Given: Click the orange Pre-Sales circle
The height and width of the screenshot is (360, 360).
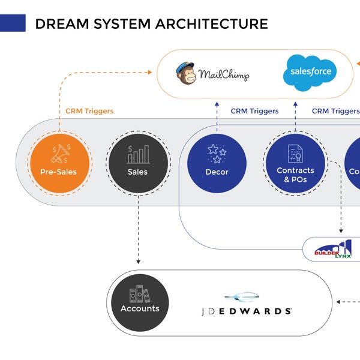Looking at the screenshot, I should pyautogui.click(x=61, y=163).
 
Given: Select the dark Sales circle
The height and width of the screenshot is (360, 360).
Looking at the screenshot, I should pyautogui.click(x=138, y=163).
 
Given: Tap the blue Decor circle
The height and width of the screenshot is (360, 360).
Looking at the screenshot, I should pyautogui.click(x=217, y=163).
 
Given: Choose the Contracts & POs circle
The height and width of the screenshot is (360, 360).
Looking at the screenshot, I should pyautogui.click(x=295, y=163).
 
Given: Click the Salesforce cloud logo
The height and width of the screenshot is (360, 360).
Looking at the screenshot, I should pyautogui.click(x=310, y=72).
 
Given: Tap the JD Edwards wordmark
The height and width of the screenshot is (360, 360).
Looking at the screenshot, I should pyautogui.click(x=246, y=311).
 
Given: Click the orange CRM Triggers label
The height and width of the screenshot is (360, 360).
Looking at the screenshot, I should pyautogui.click(x=89, y=111).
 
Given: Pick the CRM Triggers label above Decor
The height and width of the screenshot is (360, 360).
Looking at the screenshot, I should pyautogui.click(x=254, y=111).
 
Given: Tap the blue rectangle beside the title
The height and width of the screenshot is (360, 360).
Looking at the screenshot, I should pyautogui.click(x=13, y=23).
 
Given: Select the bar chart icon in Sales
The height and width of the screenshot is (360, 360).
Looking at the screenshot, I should pyautogui.click(x=138, y=154).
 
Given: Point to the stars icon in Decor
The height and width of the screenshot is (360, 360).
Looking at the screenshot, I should pyautogui.click(x=217, y=153).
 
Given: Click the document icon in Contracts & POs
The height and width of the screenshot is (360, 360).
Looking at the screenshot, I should pyautogui.click(x=295, y=153).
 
